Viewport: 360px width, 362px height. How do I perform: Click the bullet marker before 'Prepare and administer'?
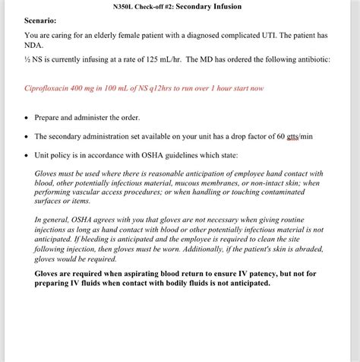(27, 118)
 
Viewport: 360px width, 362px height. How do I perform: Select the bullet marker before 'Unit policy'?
(27, 155)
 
